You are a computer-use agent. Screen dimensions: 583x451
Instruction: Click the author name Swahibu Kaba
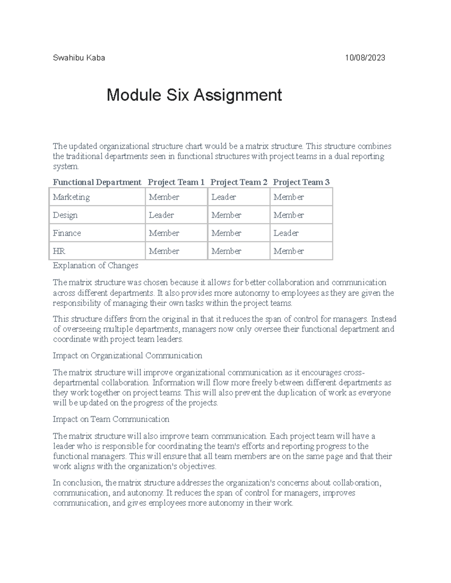[79, 58]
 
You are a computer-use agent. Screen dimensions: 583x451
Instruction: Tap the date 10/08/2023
[365, 58]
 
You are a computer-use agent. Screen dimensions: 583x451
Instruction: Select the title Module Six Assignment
[194, 95]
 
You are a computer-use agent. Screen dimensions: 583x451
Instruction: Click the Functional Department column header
[97, 182]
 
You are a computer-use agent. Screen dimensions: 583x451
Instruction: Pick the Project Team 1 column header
[176, 182]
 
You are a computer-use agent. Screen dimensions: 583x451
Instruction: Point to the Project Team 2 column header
[239, 182]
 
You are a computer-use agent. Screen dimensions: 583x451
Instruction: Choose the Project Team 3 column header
[301, 182]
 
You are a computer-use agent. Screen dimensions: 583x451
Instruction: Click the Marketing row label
[71, 197]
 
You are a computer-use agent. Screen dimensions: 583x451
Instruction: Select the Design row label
[65, 215]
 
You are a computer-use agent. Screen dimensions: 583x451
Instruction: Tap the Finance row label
[67, 233]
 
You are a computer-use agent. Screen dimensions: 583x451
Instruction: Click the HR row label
[59, 251]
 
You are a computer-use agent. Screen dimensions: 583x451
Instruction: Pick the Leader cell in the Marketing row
[224, 197]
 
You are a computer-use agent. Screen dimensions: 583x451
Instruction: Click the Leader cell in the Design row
[161, 215]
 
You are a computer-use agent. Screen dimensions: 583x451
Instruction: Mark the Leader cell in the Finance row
[286, 233]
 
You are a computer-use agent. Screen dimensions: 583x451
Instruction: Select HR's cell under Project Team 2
[226, 251]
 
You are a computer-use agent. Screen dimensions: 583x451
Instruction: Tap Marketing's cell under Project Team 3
[289, 197]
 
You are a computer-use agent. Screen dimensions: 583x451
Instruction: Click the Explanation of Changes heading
[95, 266]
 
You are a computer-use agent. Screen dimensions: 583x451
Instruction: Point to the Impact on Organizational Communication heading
[127, 356]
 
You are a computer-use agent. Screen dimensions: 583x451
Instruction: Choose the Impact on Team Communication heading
[111, 419]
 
